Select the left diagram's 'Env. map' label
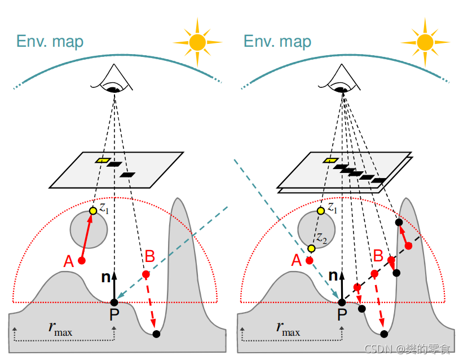point(50,41)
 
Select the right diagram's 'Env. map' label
point(277,41)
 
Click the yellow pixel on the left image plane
point(102,161)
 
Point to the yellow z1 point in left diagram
point(93,211)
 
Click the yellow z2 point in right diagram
point(311,248)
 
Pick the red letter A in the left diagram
point(69,261)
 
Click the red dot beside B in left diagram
point(145,274)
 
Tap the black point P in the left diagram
point(114,303)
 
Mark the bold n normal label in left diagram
point(104,277)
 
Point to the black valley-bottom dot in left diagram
point(156,334)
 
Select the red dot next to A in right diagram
point(309,260)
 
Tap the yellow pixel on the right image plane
point(329,161)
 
